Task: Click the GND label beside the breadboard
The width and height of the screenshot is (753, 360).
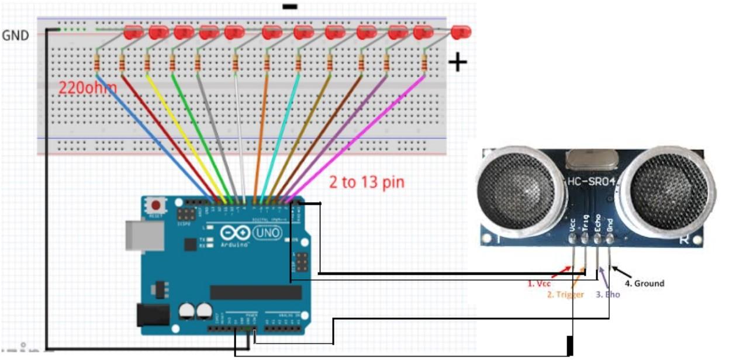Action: pos(15,36)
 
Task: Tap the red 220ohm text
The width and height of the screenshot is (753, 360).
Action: pos(87,88)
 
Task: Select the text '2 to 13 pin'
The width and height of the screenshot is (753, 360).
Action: pos(367,182)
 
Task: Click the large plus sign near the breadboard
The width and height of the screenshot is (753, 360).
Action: pos(457,62)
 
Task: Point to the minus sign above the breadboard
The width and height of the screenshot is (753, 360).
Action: pos(289,7)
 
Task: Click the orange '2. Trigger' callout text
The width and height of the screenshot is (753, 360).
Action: pos(565,295)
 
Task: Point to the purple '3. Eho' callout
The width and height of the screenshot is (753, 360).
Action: pos(608,295)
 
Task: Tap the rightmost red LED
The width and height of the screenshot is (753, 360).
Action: pos(461,32)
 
